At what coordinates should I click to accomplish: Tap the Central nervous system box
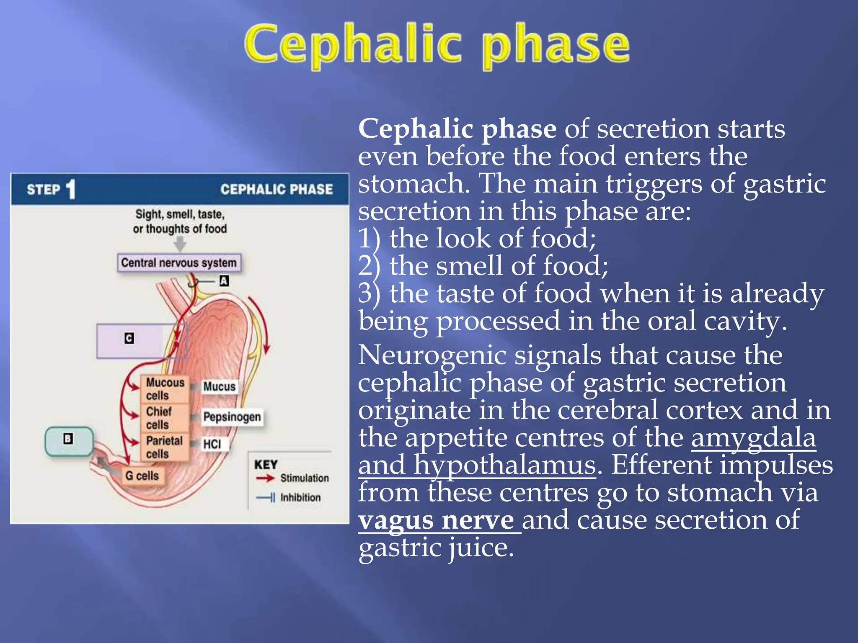coord(179,263)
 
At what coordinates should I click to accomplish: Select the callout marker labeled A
coord(224,281)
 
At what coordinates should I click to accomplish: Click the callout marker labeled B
coord(68,439)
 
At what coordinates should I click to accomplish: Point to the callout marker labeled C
coord(129,338)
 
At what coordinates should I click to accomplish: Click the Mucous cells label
coord(165,389)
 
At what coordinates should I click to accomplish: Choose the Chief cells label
coord(159,418)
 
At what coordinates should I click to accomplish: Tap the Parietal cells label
coord(164,447)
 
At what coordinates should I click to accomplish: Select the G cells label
coord(142,476)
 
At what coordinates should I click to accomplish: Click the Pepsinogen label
coord(232,417)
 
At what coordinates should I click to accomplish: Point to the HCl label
coord(212,444)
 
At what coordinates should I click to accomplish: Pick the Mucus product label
coord(219,386)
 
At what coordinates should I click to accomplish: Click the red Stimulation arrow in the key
coord(265,478)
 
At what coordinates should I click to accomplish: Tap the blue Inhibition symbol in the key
coord(266,498)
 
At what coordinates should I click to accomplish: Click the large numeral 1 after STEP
coord(71,189)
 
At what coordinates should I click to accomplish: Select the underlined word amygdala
coord(753,438)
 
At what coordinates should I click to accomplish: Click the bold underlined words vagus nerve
coord(436,520)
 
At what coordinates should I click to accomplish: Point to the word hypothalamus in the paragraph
coord(504,466)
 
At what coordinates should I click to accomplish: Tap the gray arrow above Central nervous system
coord(180,244)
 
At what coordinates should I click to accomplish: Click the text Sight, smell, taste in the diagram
coord(180,214)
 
